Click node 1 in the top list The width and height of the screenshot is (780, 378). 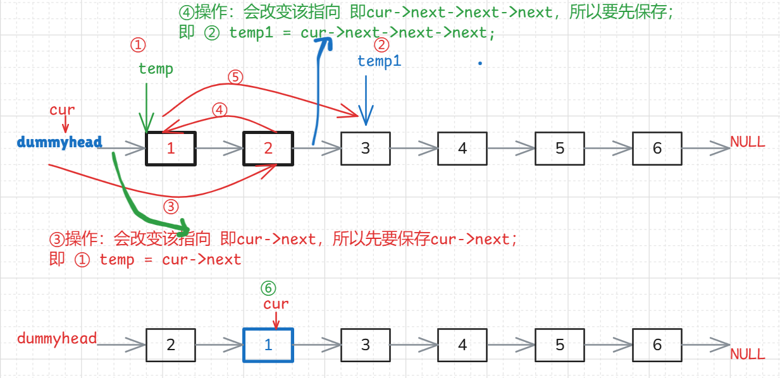pos(171,149)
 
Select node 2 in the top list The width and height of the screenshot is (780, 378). pos(268,149)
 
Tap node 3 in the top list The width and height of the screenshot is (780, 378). pos(366,149)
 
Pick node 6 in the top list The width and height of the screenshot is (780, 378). pos(657,149)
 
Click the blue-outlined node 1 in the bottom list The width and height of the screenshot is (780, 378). pos(268,345)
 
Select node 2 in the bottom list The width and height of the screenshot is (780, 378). pos(171,345)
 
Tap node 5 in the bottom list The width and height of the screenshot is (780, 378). pos(560,345)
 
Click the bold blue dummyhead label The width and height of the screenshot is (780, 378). pos(59,142)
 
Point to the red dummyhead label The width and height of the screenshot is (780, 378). pos(57,339)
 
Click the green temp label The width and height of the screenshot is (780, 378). pos(156,68)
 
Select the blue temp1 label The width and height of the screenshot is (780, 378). pos(379,61)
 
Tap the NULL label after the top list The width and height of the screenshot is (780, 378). pos(748,142)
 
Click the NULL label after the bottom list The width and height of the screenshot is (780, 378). pos(748,354)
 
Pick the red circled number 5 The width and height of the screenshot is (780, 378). pos(235,77)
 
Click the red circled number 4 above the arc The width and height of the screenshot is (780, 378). pos(220,110)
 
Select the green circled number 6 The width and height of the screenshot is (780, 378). pos(269,288)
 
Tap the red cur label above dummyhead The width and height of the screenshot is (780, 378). pos(62,110)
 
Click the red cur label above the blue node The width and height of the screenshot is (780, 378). pos(276,304)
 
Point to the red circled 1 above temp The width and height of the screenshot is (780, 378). pos(138,45)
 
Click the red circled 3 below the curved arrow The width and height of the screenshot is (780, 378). pos(171,207)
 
